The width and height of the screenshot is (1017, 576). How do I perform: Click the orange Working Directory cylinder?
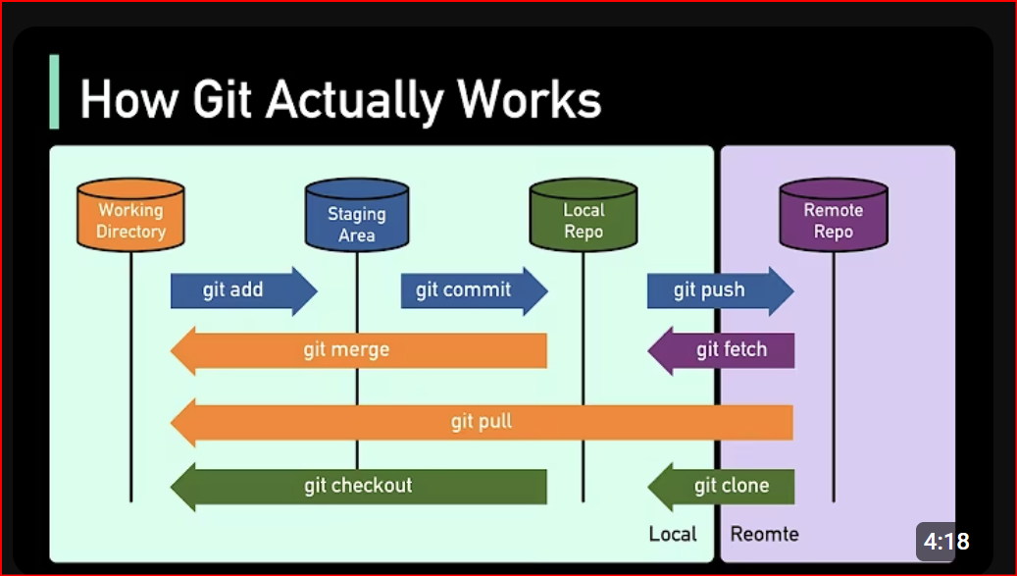point(130,215)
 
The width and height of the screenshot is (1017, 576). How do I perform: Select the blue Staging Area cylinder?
point(357,215)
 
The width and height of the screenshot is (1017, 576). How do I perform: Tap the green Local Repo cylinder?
point(584,215)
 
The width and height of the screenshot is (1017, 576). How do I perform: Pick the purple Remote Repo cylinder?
point(834,215)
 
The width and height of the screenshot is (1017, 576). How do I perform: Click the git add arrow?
point(244,290)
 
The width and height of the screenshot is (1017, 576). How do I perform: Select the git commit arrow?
point(474,290)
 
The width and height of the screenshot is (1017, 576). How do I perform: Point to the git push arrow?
point(721,290)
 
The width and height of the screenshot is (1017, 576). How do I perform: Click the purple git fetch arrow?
point(721,351)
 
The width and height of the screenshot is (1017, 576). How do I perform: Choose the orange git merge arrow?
point(359,351)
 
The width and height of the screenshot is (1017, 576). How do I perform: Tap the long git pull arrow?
point(482,423)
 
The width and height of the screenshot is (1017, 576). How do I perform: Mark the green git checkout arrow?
point(359,487)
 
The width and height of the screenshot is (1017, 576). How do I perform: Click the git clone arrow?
point(721,487)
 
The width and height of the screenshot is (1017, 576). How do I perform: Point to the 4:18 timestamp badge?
point(946,541)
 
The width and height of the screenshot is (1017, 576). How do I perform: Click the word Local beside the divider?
point(673,534)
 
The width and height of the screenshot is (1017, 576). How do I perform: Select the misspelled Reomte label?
point(765,534)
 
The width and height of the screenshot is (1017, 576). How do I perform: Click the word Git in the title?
point(222,99)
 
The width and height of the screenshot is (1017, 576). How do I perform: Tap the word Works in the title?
point(530,99)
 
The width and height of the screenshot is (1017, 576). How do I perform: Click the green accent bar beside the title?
point(55,91)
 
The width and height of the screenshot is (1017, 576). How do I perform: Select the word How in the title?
point(129,99)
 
